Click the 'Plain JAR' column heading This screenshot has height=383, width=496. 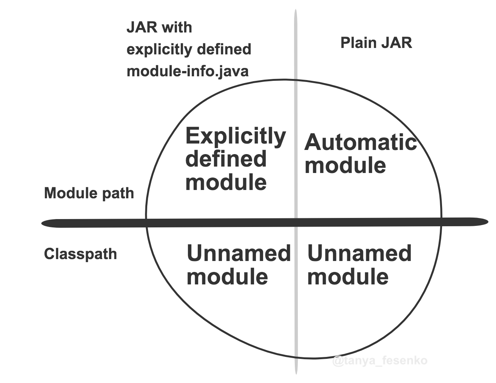pyautogui.click(x=376, y=43)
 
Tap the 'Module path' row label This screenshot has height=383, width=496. pyautogui.click(x=89, y=193)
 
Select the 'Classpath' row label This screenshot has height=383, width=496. pyautogui.click(x=80, y=254)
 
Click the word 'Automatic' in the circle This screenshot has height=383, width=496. pyautogui.click(x=360, y=142)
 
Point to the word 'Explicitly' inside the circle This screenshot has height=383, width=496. pyautogui.click(x=236, y=136)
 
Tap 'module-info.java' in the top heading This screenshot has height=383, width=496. pyautogui.click(x=188, y=71)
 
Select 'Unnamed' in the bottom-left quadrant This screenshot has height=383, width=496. pyautogui.click(x=239, y=253)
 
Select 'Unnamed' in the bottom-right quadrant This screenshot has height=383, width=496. pyautogui.click(x=359, y=253)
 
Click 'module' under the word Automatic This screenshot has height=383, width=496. pyautogui.click(x=345, y=166)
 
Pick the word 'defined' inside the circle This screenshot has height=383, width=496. pyautogui.click(x=226, y=159)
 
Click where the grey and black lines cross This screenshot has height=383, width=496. pyautogui.click(x=296, y=222)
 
